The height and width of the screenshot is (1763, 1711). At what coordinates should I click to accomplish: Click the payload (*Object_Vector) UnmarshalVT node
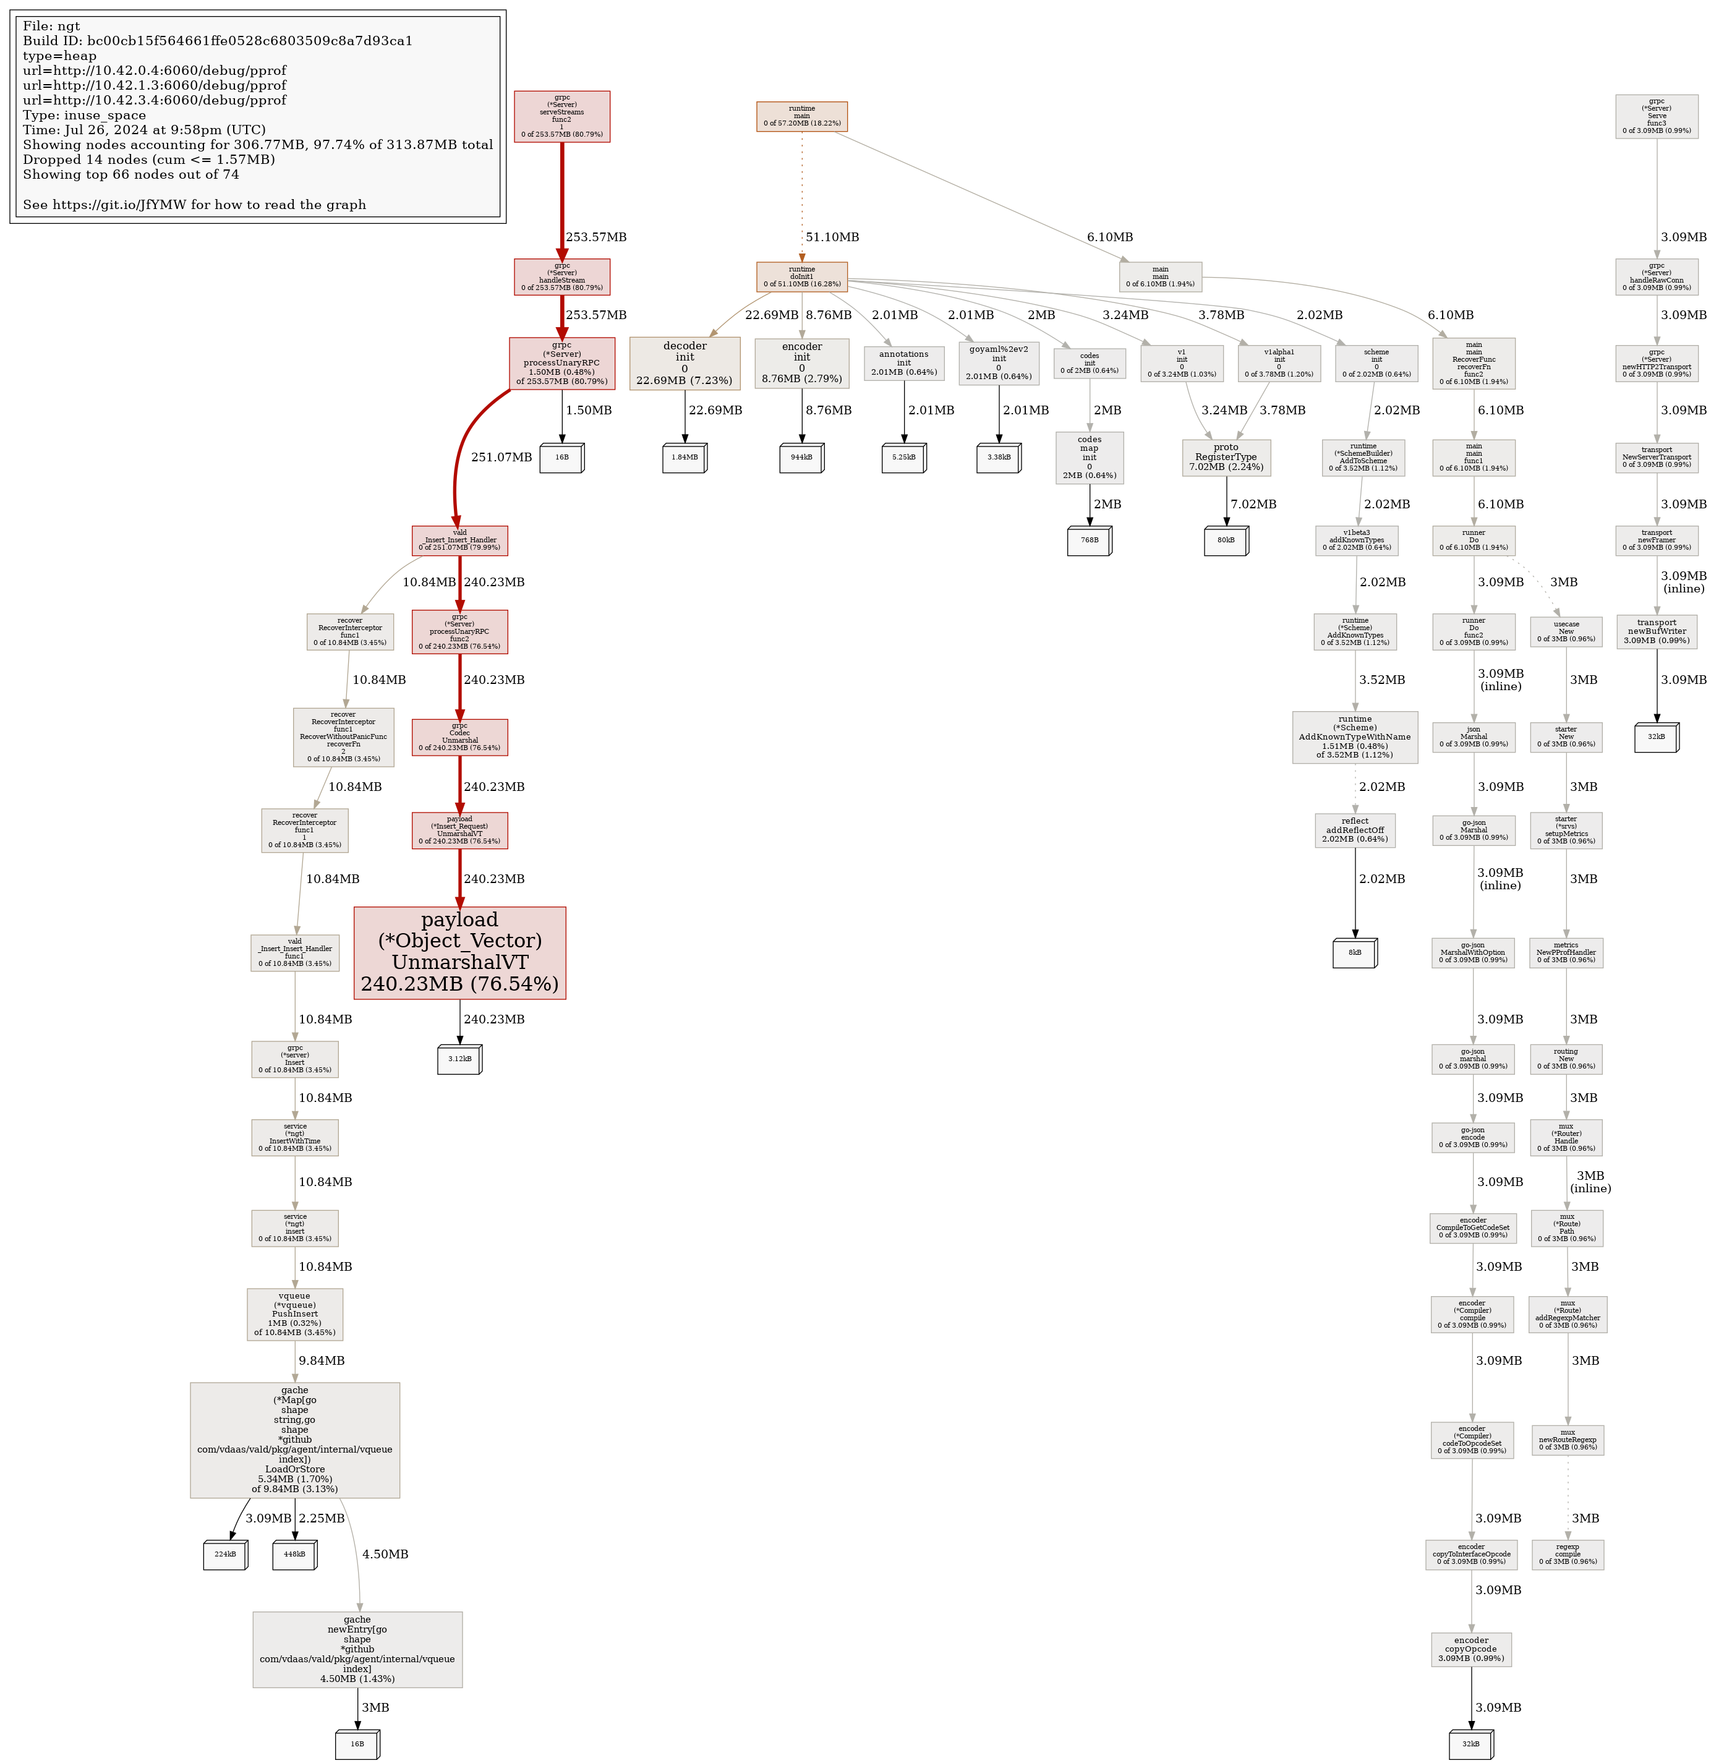(x=459, y=952)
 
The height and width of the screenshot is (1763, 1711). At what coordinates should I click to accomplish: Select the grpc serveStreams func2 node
(x=561, y=116)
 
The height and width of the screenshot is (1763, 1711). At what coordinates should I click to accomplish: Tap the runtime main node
(x=801, y=116)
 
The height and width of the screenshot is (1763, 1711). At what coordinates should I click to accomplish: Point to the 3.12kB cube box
(x=459, y=1059)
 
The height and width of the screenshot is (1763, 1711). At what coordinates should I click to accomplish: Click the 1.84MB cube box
(x=684, y=457)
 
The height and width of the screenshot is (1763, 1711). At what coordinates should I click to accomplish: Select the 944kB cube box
(x=801, y=457)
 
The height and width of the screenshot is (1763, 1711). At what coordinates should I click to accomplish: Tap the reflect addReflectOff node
(x=1355, y=830)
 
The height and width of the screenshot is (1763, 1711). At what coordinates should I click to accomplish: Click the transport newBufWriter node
(x=1656, y=631)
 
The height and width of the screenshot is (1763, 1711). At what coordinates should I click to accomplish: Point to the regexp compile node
(x=1567, y=1555)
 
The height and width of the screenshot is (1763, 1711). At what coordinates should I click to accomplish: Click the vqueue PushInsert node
(x=294, y=1314)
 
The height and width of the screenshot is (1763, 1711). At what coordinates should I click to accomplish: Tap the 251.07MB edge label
(x=501, y=457)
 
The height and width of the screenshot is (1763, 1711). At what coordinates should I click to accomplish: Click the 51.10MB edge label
(x=832, y=237)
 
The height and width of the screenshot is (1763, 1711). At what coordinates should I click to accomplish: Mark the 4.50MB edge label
(x=385, y=1555)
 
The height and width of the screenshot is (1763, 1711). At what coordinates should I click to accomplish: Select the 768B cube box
(x=1088, y=540)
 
